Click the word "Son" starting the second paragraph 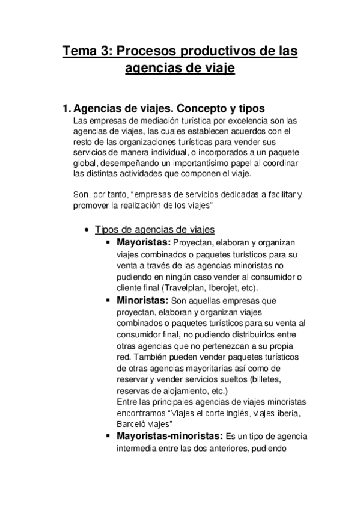pyautogui.click(x=78, y=195)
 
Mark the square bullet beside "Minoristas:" pyautogui.click(x=108, y=300)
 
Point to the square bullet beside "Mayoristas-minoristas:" pyautogui.click(x=108, y=437)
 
